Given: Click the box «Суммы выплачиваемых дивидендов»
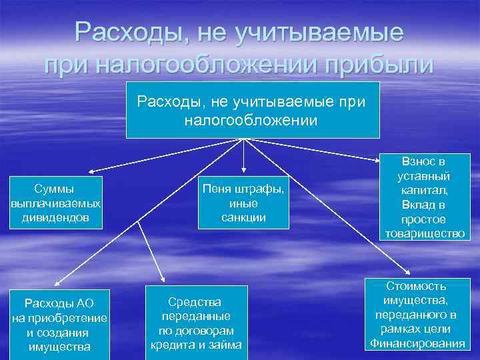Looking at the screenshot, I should (57, 203).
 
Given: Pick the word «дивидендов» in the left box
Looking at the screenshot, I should (57, 217).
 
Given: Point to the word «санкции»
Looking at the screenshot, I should (243, 217).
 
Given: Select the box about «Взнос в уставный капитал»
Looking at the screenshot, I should (425, 197).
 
